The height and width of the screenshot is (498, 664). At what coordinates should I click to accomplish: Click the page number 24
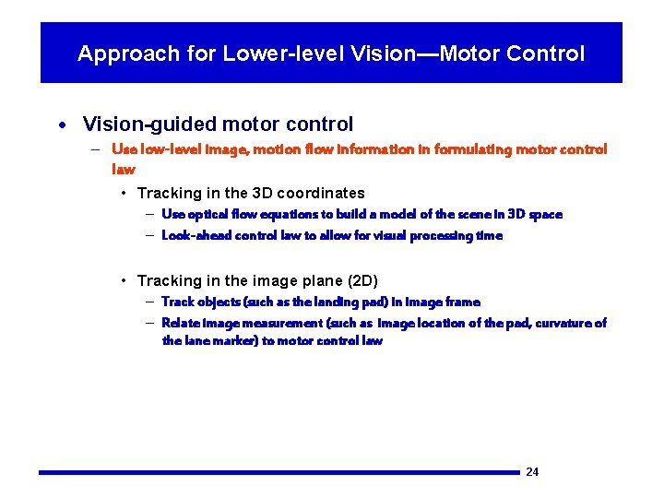coord(532,472)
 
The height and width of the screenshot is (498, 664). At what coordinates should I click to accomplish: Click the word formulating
coord(473,149)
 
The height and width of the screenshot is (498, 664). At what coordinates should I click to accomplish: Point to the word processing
coord(434,236)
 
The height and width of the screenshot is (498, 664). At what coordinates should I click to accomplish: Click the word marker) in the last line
coord(237,341)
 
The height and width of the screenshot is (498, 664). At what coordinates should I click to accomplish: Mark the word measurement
coord(277,323)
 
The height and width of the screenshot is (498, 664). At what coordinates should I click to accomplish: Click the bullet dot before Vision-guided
coord(60,125)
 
